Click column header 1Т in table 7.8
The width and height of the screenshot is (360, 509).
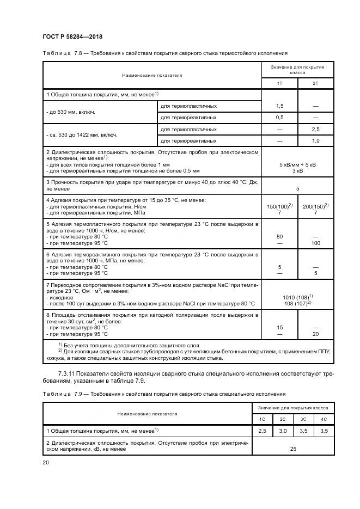pos(280,83)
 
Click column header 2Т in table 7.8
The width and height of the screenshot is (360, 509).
pos(315,83)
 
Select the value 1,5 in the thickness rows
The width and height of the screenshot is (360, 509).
pos(280,106)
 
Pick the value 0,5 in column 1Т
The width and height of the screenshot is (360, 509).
pos(280,117)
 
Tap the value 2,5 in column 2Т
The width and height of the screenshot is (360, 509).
pos(315,129)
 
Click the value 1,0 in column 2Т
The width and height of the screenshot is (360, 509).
pos(315,140)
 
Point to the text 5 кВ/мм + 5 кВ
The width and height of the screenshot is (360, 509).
pos(298,164)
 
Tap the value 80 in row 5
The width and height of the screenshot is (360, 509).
pos(280,237)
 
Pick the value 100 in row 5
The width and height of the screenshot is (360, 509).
pos(315,243)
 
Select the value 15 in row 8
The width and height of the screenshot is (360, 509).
pos(280,327)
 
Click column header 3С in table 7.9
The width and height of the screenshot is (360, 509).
pos(302,419)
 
